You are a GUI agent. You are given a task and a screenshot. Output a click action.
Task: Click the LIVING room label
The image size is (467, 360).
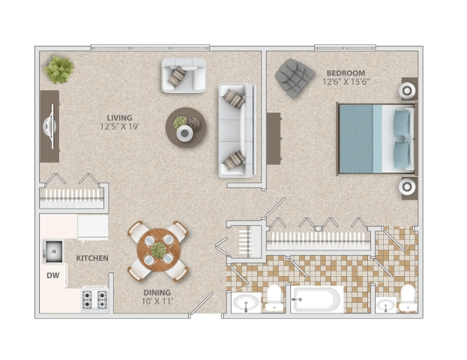click(119, 118)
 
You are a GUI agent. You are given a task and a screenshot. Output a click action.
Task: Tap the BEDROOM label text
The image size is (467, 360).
click(346, 73)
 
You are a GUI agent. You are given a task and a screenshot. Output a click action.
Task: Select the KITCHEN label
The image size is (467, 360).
click(92, 258)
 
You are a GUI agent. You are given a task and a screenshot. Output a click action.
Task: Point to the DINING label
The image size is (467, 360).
click(157, 292)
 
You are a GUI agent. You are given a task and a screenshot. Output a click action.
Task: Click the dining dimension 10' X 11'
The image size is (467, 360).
click(157, 301)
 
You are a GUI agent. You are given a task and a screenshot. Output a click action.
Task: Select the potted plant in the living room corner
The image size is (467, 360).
click(58, 70)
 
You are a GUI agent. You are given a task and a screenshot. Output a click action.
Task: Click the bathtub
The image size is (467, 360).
click(316, 300)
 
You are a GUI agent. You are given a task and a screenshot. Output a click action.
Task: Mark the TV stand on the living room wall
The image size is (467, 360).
click(49, 125)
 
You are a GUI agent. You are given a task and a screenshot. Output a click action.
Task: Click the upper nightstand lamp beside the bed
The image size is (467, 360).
click(409, 91)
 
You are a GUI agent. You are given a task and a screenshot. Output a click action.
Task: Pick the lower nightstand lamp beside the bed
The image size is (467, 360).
click(409, 187)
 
